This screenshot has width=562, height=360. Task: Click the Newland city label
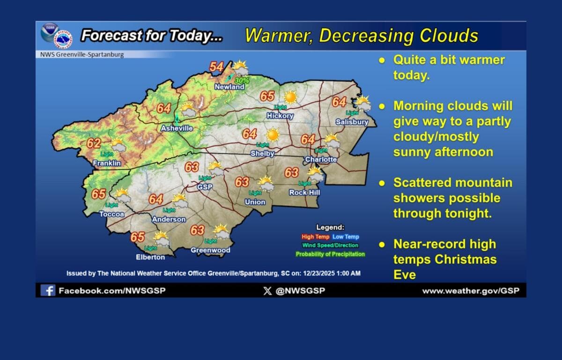(x=229, y=87)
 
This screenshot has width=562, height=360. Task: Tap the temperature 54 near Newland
(x=216, y=67)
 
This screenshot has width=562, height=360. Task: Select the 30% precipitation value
(x=242, y=80)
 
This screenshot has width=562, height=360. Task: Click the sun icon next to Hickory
(x=290, y=97)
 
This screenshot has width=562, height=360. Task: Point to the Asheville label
(x=177, y=128)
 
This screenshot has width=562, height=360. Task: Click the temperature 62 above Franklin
(x=94, y=143)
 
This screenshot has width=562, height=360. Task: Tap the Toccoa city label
(x=112, y=214)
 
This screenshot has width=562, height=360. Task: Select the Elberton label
(x=150, y=257)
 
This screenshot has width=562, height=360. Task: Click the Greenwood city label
(x=210, y=250)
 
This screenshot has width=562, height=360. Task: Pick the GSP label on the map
(x=205, y=187)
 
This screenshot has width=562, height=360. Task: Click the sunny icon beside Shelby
(x=273, y=135)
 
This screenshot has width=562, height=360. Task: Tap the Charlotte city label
(x=321, y=159)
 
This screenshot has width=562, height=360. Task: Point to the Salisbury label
(x=352, y=122)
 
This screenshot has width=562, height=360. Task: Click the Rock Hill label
(x=304, y=192)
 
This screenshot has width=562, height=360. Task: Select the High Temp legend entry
(x=315, y=237)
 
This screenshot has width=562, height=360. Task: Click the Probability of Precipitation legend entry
(x=330, y=254)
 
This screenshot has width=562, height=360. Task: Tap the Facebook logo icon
(x=47, y=290)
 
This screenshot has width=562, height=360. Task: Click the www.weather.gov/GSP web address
(x=470, y=291)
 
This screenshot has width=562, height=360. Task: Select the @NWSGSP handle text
(x=300, y=291)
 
